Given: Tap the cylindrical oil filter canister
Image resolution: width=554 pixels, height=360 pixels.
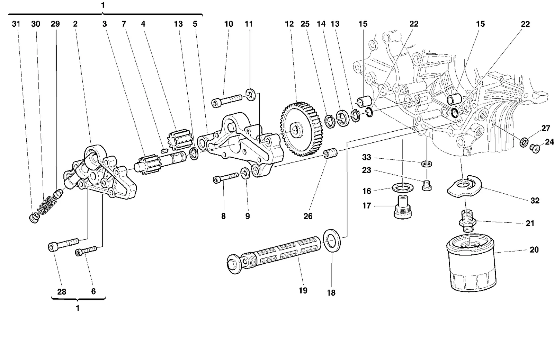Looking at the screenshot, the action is coord(471,264).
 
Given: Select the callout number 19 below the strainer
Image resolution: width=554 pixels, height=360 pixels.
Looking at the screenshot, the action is coord(303,290).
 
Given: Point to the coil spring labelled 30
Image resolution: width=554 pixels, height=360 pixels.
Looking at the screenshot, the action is coord(47,204).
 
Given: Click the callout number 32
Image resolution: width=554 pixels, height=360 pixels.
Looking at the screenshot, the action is coord(535,201).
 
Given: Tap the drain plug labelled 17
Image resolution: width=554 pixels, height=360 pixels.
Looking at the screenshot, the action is coord(403,207).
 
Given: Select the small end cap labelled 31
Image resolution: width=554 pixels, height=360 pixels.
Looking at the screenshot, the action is coord(34,218).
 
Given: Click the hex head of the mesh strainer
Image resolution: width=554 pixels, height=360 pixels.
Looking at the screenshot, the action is coord(234,264).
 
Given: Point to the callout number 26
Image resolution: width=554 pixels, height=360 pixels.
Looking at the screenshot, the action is coord(308,216).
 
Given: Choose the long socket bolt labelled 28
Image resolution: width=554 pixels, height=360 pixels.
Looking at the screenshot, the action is coord(63,244).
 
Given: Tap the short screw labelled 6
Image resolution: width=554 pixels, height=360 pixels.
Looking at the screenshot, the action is coord(86,251).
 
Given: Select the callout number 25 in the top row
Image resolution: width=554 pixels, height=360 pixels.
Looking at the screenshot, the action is coord(305,24).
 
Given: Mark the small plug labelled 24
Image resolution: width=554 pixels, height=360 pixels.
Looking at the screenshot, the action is coord(535,148).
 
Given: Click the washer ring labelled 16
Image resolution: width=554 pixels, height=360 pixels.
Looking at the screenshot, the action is coord(403,188).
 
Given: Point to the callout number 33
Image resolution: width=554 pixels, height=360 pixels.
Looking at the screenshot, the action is coord(367,157).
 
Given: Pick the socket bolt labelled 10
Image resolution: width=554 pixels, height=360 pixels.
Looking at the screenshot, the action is coord(227,101).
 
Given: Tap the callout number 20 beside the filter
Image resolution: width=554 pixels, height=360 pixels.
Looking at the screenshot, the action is coord(534,250).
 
